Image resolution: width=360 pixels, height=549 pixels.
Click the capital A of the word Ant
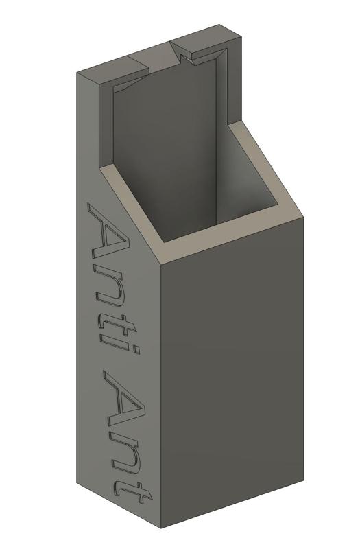pos(126,405)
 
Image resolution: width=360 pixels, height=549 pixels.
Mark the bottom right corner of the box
pos(302,476)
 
